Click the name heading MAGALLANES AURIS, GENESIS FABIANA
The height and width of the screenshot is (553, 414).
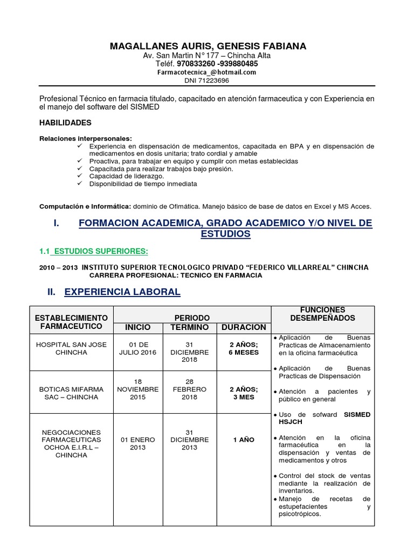tap(208, 46)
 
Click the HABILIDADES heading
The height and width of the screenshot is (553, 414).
tap(66, 123)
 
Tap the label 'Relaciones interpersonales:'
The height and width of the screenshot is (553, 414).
tap(86, 138)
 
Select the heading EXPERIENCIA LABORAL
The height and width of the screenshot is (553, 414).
tap(122, 292)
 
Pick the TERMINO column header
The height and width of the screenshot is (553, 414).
tap(189, 327)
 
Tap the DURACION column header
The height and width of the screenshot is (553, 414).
tap(243, 327)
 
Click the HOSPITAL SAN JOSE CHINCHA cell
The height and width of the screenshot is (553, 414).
tap(71, 348)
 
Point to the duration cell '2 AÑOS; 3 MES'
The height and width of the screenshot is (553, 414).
tap(243, 393)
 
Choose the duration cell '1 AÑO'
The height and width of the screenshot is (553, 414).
tap(243, 440)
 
